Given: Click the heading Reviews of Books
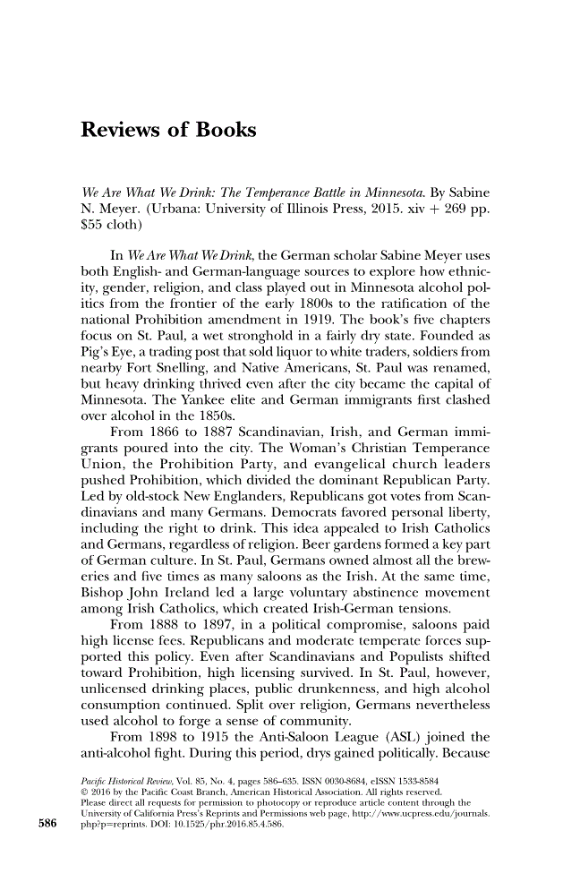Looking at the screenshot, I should pyautogui.click(x=168, y=131).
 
